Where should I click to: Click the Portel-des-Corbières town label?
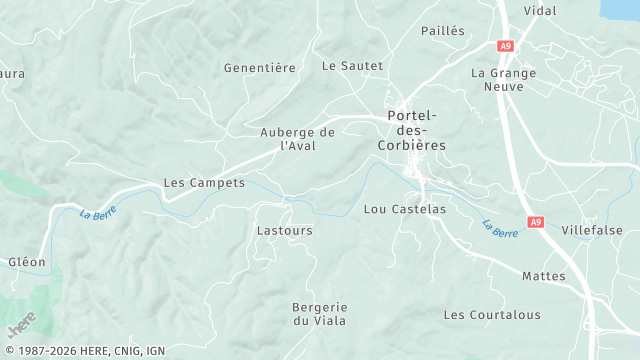[416, 130]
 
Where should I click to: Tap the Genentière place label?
[260, 68]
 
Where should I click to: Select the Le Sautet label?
[352, 66]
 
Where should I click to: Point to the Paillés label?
[443, 31]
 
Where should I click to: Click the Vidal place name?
[540, 10]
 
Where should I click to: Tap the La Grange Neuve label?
[504, 80]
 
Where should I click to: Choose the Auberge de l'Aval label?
[297, 139]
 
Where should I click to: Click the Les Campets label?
[204, 184]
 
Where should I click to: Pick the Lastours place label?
[285, 230]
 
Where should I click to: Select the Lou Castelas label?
[404, 210]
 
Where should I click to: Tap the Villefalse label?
[592, 230]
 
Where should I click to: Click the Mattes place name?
[543, 276]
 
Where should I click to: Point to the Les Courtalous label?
[492, 315]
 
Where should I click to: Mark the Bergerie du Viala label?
[319, 313]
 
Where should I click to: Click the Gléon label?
[27, 262]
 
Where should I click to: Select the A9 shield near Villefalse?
[536, 224]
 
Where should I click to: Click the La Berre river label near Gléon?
[98, 212]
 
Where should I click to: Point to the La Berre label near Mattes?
[500, 229]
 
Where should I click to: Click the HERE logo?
[21, 325]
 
